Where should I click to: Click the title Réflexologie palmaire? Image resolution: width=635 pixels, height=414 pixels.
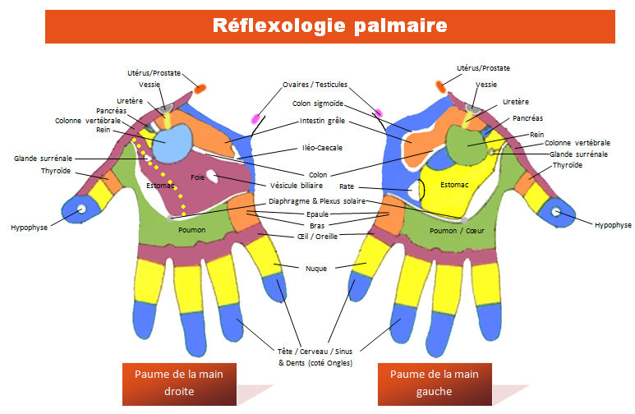click(329, 25)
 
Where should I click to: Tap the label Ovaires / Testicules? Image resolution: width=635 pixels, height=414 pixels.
click(315, 85)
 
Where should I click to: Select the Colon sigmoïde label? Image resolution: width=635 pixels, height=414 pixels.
click(317, 103)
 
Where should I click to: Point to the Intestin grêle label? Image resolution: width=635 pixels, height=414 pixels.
click(323, 121)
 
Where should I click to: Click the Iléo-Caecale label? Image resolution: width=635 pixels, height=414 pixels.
click(317, 148)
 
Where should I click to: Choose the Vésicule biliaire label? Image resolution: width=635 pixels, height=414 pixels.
click(300, 185)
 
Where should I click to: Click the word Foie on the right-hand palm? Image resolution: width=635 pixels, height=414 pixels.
click(197, 177)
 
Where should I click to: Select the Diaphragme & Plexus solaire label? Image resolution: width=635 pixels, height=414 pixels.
click(317, 200)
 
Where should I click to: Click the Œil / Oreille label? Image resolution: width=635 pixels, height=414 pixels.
click(317, 237)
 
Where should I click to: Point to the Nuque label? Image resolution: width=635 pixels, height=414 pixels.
click(317, 267)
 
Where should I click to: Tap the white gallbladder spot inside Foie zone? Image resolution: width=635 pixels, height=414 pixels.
click(213, 174)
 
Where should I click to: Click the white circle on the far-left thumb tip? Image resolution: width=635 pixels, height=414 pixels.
click(81, 210)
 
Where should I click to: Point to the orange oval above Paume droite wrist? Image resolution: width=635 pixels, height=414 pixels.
click(200, 87)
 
